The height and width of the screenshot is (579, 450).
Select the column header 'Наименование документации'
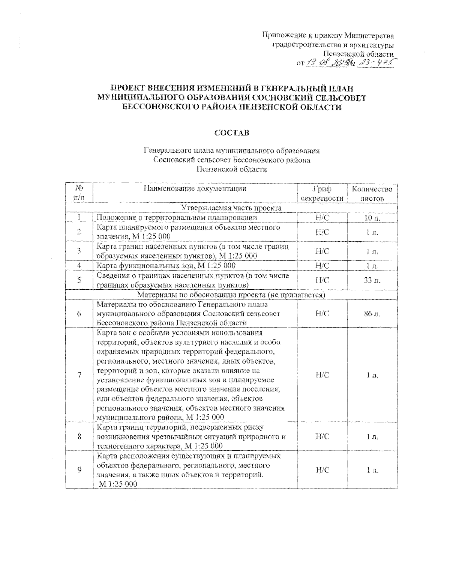(195, 188)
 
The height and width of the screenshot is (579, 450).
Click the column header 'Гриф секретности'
(322, 193)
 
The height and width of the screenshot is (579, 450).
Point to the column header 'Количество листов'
(372, 193)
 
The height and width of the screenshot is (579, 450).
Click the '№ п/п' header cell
(79, 192)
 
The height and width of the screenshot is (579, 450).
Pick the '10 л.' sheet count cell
(372, 218)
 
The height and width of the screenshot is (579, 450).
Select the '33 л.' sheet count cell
(372, 280)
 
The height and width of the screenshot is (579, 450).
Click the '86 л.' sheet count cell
(372, 314)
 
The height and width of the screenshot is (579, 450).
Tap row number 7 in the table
(79, 375)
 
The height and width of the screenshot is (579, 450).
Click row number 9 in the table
(79, 470)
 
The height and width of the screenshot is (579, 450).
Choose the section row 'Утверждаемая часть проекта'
(231, 208)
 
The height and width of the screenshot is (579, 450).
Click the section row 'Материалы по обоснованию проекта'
(231, 295)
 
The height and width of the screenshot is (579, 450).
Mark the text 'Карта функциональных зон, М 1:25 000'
(166, 266)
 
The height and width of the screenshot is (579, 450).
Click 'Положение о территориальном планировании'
(177, 218)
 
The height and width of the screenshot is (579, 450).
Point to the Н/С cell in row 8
(322, 436)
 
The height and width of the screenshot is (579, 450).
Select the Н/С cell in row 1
(322, 218)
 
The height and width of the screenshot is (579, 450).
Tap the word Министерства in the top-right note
(369, 36)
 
